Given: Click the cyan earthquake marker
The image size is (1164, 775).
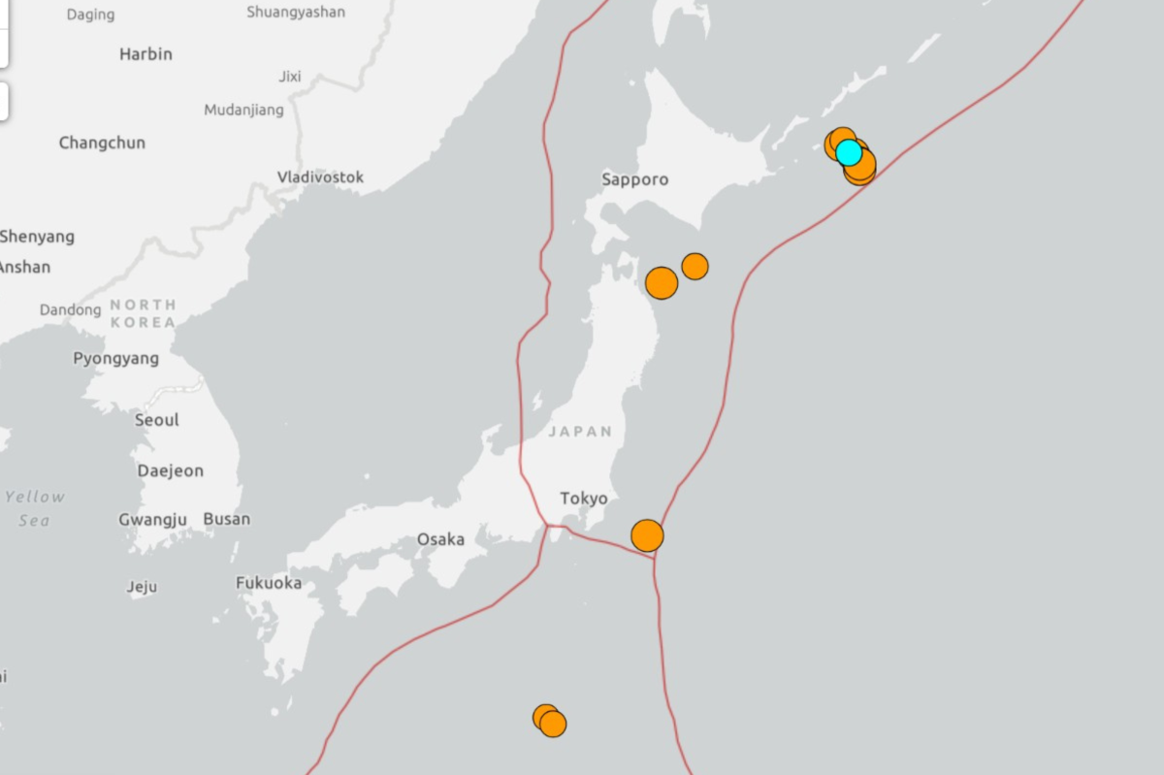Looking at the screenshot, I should point(849,152).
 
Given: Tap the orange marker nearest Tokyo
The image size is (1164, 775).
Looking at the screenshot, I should point(647,535).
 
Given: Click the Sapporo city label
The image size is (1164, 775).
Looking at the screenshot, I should point(635,179).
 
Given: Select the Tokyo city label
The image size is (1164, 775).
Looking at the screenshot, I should point(584,499).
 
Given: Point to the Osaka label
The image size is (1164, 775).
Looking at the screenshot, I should point(440,539).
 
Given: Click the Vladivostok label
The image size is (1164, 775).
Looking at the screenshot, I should point(320,178).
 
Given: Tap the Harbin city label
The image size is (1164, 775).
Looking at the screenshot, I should point(145,54).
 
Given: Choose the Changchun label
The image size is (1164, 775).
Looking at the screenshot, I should point(102,143).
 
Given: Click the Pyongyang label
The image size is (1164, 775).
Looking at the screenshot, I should point(115,359).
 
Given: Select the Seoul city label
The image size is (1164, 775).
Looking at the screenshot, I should point(157,420).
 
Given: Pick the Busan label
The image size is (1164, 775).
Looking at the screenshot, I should point(226,519).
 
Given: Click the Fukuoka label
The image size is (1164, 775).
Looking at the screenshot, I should point(269,583).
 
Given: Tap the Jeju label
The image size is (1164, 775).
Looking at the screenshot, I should point(142,587).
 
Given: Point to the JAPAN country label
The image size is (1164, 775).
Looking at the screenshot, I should point(580,432).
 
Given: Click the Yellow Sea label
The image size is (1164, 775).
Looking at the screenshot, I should point(35,508).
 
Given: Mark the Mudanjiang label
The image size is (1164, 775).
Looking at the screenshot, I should point(243,110).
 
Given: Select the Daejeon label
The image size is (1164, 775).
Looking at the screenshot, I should point(171,470).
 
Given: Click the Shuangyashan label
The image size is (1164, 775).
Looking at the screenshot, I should point(296,12).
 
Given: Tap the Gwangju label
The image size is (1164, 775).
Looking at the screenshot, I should point(152,520).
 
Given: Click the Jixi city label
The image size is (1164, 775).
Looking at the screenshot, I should point(289,76).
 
